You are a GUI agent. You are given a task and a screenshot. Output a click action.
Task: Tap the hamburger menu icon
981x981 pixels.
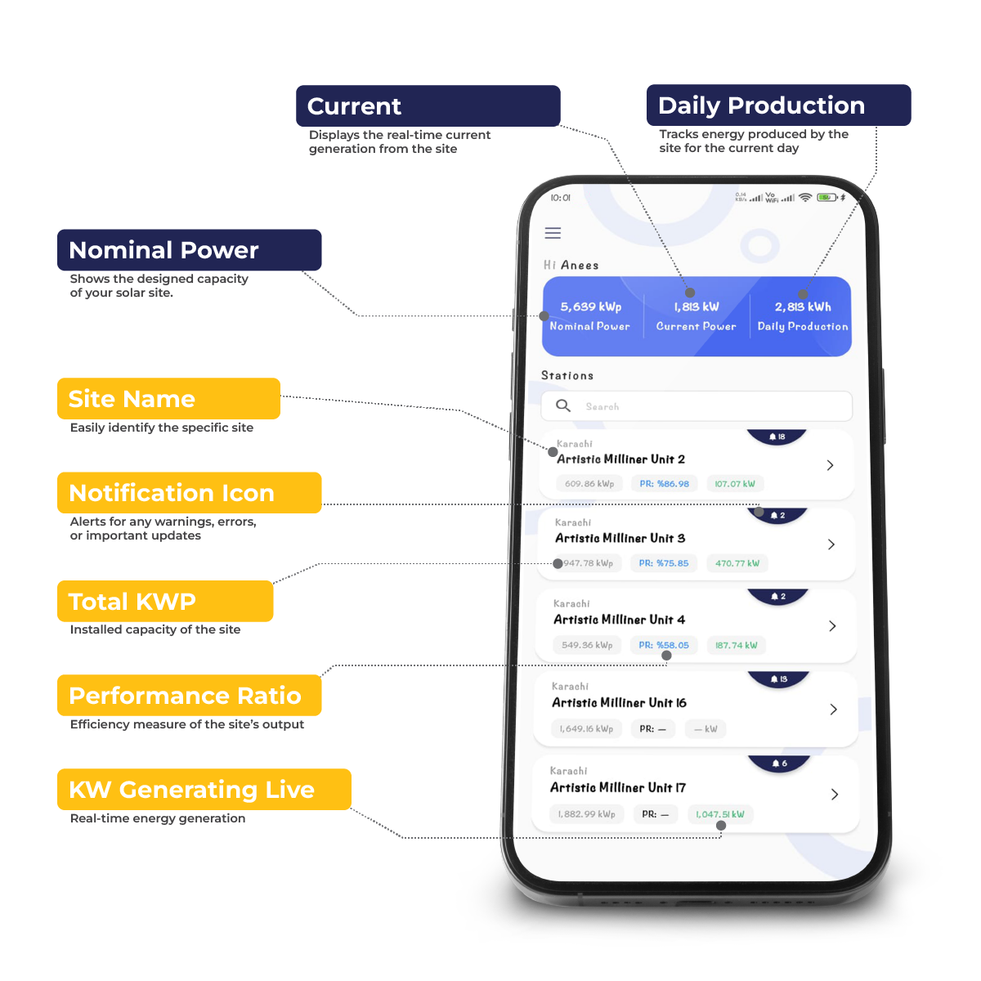pyautogui.click(x=553, y=233)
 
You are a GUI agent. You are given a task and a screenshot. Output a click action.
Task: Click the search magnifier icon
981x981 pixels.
pyautogui.click(x=563, y=405)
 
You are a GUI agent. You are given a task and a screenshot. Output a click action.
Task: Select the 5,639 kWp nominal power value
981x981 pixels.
pyautogui.click(x=590, y=307)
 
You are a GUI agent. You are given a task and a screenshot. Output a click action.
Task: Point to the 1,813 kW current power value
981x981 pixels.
pyautogui.click(x=696, y=307)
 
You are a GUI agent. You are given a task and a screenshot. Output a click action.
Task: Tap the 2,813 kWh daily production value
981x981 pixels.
pyautogui.click(x=803, y=307)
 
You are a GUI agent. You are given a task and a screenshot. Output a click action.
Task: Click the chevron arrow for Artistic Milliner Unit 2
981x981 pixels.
pyautogui.click(x=830, y=465)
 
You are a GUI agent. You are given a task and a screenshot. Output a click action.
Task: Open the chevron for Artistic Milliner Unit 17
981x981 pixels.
pyautogui.click(x=834, y=794)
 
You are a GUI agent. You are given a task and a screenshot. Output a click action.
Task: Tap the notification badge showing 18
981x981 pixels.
pyautogui.click(x=777, y=437)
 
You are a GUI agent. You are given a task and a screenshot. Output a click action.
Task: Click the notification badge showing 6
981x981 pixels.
pyautogui.click(x=779, y=764)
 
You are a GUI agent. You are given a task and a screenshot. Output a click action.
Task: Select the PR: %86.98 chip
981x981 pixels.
pyautogui.click(x=664, y=484)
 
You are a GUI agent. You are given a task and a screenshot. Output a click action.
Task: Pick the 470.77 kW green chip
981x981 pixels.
pyautogui.click(x=737, y=563)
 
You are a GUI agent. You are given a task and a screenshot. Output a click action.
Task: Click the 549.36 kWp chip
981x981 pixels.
pyautogui.click(x=587, y=645)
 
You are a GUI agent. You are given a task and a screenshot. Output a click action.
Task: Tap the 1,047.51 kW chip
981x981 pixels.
pyautogui.click(x=719, y=814)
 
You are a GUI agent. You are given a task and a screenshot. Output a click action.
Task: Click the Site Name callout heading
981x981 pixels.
pyautogui.click(x=132, y=399)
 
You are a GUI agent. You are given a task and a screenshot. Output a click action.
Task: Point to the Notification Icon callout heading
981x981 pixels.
pyautogui.click(x=172, y=493)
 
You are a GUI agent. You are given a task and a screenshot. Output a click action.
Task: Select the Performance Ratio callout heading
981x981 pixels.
pyautogui.click(x=185, y=696)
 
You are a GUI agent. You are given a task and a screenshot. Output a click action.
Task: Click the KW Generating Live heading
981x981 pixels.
pyautogui.click(x=191, y=790)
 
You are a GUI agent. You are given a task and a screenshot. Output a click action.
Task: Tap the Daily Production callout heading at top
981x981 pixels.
pyautogui.click(x=761, y=105)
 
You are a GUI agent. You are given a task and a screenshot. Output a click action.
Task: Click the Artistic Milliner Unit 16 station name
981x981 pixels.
pyautogui.click(x=619, y=703)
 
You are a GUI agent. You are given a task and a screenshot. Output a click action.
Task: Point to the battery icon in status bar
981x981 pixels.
pyautogui.click(x=827, y=198)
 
